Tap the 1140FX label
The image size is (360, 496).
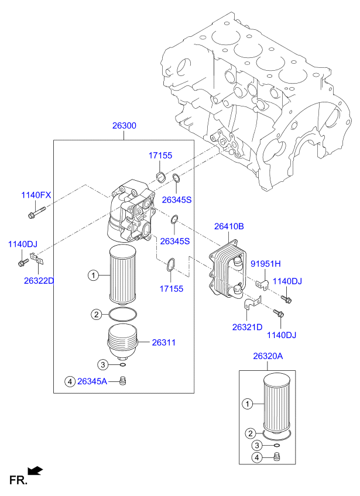pyautogui.click(x=36, y=195)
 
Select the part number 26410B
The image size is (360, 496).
pyautogui.click(x=228, y=226)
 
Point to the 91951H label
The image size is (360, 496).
pyautogui.click(x=266, y=263)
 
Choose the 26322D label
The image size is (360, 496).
pyautogui.click(x=39, y=281)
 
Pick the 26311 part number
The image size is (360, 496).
pyautogui.click(x=164, y=342)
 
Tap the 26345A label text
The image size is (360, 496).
pyautogui.click(x=92, y=382)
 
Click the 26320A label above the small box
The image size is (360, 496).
pyautogui.click(x=268, y=356)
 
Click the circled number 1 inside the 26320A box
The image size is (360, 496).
pyautogui.click(x=247, y=404)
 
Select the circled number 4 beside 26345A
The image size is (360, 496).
pyautogui.click(x=70, y=382)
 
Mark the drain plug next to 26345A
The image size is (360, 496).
pyautogui.click(x=123, y=381)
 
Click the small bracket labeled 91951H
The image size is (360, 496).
pyautogui.click(x=263, y=285)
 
